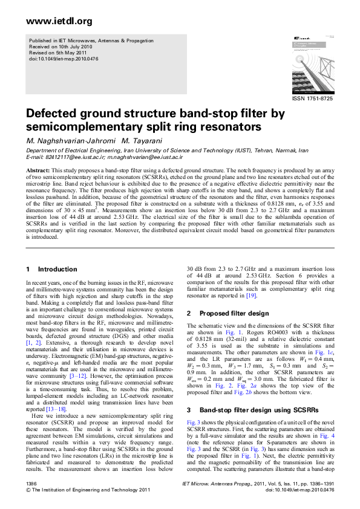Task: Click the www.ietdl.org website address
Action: (x=51, y=22)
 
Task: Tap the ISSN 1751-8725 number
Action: (x=312, y=98)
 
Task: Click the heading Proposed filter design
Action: (x=234, y=314)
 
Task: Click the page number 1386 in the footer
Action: (x=32, y=484)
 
